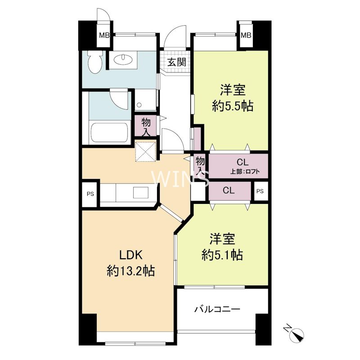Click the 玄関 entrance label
coord(177,63)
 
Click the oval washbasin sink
coord(121,59)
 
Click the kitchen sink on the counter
coord(139,193)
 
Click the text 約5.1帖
coord(222,256)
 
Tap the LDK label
coord(131,255)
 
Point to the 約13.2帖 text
coord(131,271)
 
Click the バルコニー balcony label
coord(217,310)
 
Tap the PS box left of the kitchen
coord(89,194)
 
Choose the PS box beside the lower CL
coord(260,191)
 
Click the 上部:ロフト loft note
coord(247,172)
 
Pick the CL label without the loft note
coord(228,190)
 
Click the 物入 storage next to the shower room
coord(146,126)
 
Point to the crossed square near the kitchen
coord(146,151)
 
